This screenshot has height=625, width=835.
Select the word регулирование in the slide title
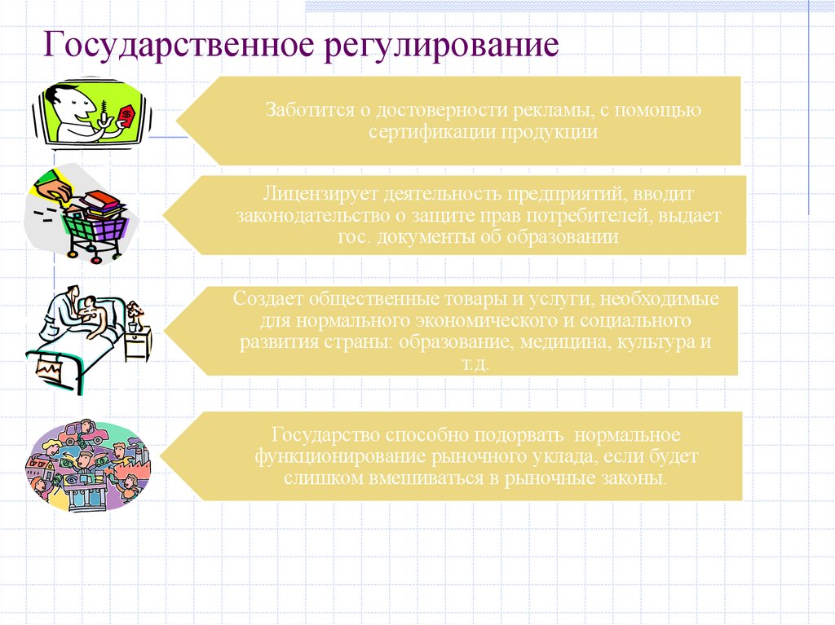coord(443,46)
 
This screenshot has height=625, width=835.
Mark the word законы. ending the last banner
coord(634,478)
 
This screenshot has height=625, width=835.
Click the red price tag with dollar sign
coord(126,117)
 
